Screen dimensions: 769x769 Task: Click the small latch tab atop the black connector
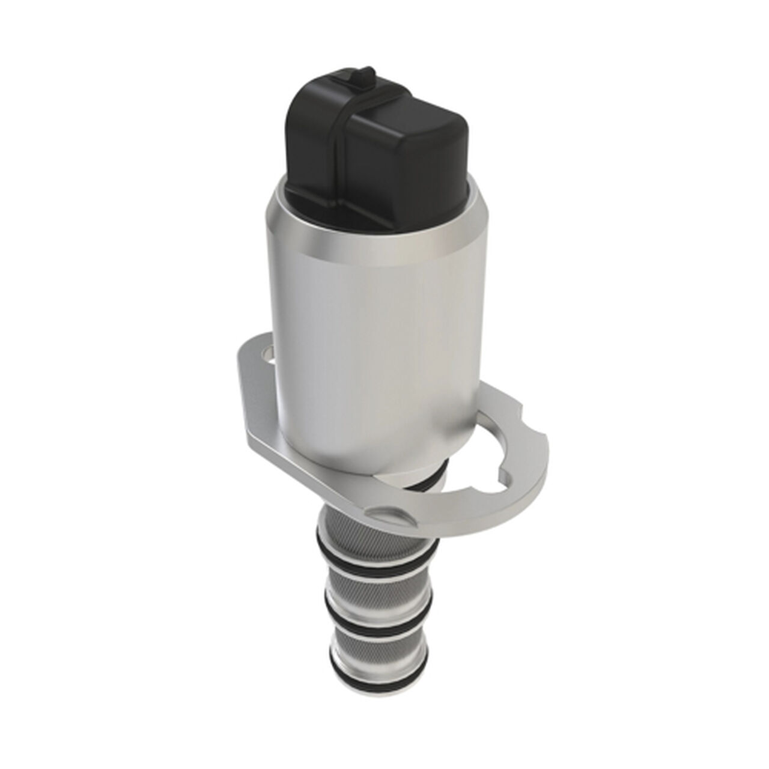[363, 78]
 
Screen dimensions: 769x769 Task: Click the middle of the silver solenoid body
[372, 336]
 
